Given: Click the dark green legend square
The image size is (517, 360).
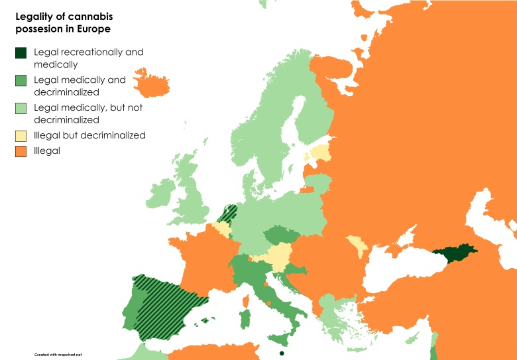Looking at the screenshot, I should coord(21,52).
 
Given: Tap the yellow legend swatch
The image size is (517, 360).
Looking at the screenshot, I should coord(21,135).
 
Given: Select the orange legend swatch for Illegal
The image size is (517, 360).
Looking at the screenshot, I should coord(21,151).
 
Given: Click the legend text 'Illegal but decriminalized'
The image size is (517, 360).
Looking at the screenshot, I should coord(89,135).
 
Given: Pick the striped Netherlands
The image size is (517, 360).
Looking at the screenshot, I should coord(229,214).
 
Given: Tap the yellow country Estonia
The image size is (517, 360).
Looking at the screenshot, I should coord(319,154).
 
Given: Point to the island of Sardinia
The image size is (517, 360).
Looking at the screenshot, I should coord(245,319).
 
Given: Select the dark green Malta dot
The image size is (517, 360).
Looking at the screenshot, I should coord(282,353).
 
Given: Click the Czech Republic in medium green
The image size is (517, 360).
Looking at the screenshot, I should coord(279,237).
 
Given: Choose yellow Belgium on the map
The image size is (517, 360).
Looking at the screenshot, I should coord(221,229).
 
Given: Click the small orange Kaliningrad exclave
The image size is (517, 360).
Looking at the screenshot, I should coord(306,190).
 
